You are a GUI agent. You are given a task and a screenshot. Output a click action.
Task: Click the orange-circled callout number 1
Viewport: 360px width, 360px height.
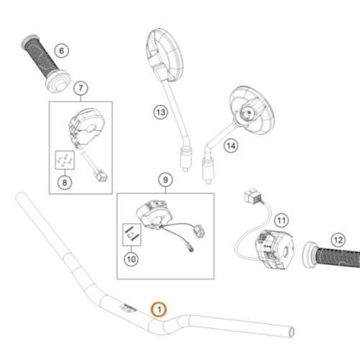[158, 310]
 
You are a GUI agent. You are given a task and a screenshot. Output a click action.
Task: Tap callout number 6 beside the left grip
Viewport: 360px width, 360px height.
[61, 50]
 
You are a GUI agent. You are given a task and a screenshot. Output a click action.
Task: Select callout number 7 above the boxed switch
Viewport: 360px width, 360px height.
[81, 88]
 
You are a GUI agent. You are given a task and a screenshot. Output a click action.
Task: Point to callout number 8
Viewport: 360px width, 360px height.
[65, 183]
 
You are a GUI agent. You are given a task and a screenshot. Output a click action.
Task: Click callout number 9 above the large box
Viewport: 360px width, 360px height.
[166, 179]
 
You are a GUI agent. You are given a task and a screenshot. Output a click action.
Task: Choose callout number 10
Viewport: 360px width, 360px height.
[131, 259]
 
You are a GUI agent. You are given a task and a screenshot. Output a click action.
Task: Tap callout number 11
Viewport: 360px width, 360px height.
[282, 220]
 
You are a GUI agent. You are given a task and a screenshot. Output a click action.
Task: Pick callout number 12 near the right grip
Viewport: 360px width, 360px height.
[338, 240]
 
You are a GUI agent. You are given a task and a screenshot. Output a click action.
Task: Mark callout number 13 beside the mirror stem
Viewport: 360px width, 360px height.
[161, 112]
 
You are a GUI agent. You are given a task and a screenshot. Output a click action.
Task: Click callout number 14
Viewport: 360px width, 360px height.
[231, 145]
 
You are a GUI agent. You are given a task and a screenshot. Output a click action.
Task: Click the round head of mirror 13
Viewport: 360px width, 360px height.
[165, 55]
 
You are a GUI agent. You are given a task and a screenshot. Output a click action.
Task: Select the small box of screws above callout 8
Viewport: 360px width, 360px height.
[65, 160]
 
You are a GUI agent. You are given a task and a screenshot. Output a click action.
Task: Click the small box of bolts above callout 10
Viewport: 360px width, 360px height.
[132, 235]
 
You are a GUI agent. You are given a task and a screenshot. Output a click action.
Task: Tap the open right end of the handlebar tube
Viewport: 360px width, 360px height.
[291, 332]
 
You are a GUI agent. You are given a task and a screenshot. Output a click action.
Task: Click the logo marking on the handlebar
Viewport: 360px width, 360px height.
[128, 308]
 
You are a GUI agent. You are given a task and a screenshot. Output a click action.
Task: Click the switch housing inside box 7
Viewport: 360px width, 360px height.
[86, 127]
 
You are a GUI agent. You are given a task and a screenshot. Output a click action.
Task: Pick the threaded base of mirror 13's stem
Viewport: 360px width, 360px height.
[186, 158]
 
